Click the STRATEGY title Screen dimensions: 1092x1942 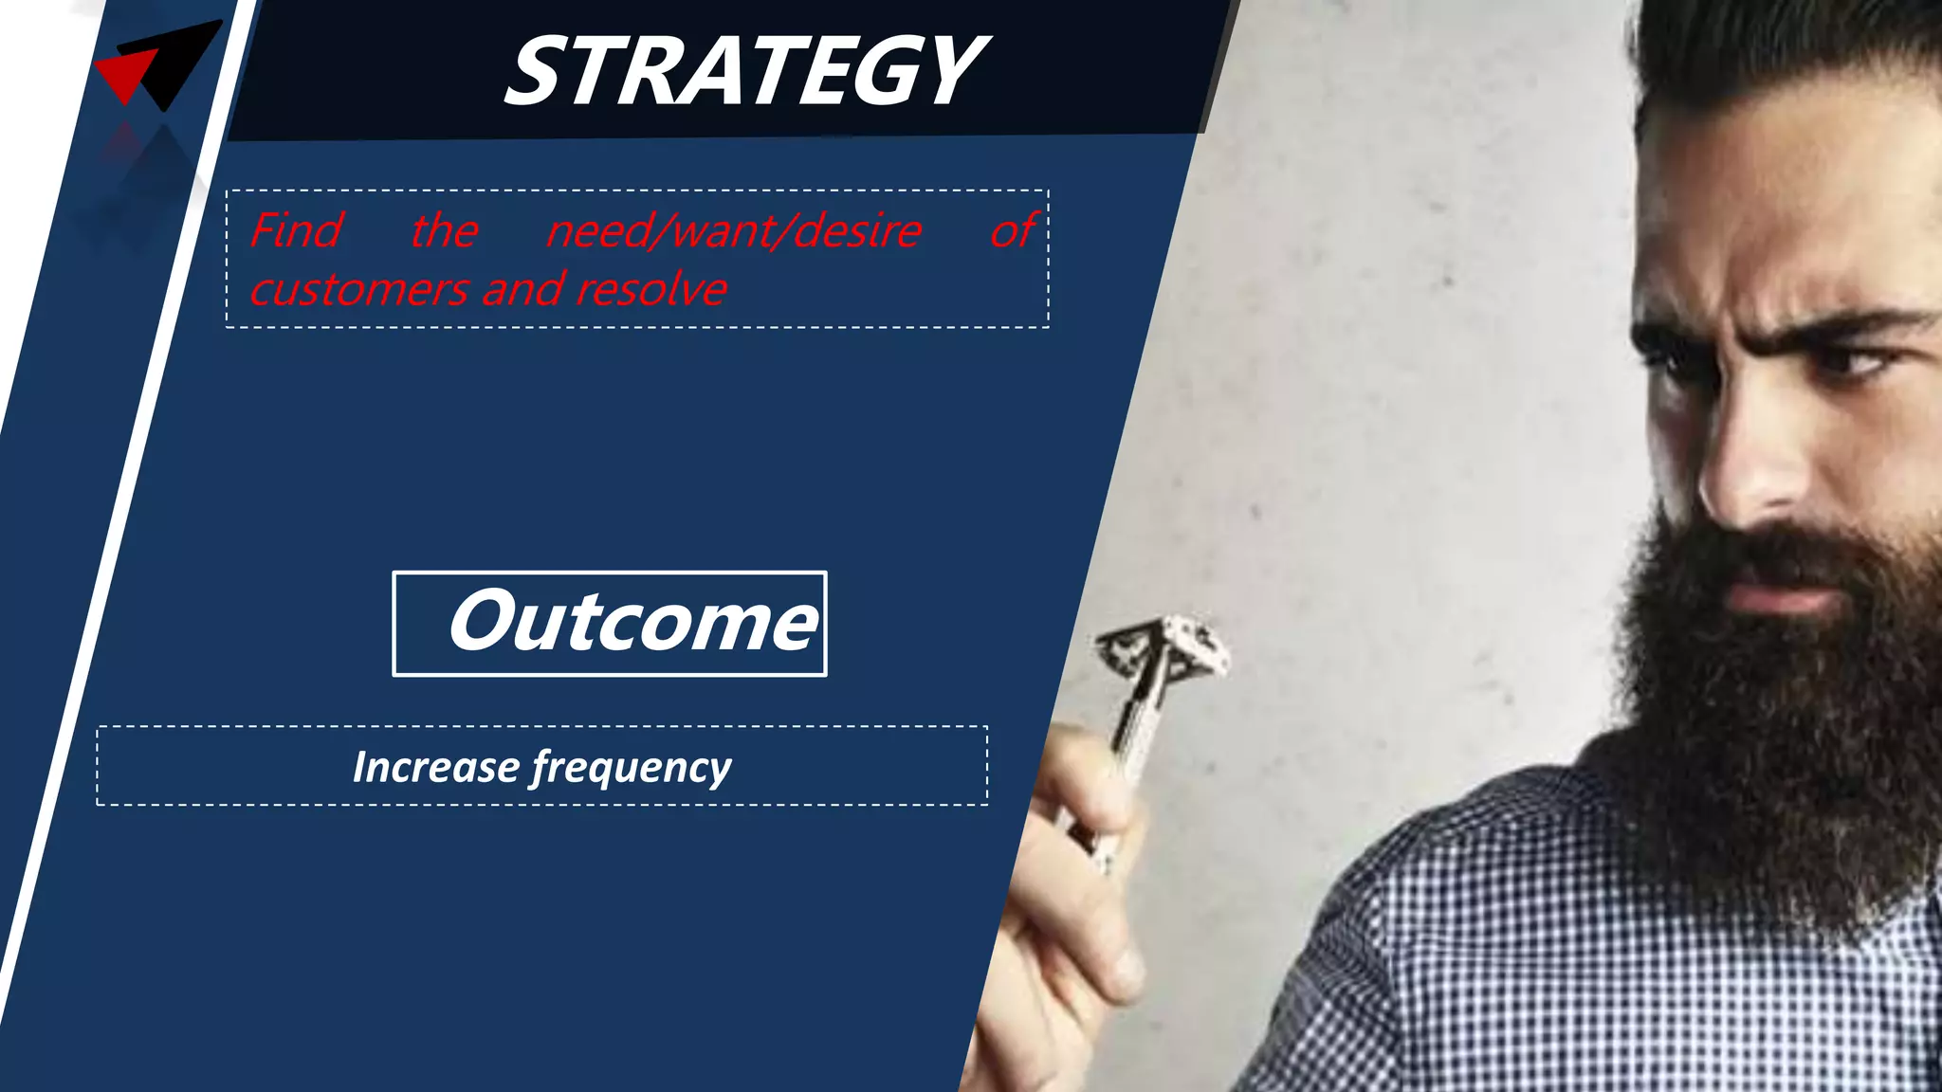(x=745, y=71)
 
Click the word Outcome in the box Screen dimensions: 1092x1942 (x=632, y=623)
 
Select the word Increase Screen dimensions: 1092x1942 (x=435, y=767)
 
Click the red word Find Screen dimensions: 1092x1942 (x=296, y=230)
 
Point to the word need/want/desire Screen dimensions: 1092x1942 (x=733, y=230)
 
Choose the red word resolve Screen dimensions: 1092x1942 (x=651, y=289)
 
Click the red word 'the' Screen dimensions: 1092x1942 (x=444, y=230)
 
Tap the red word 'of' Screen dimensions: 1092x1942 (x=1014, y=230)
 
